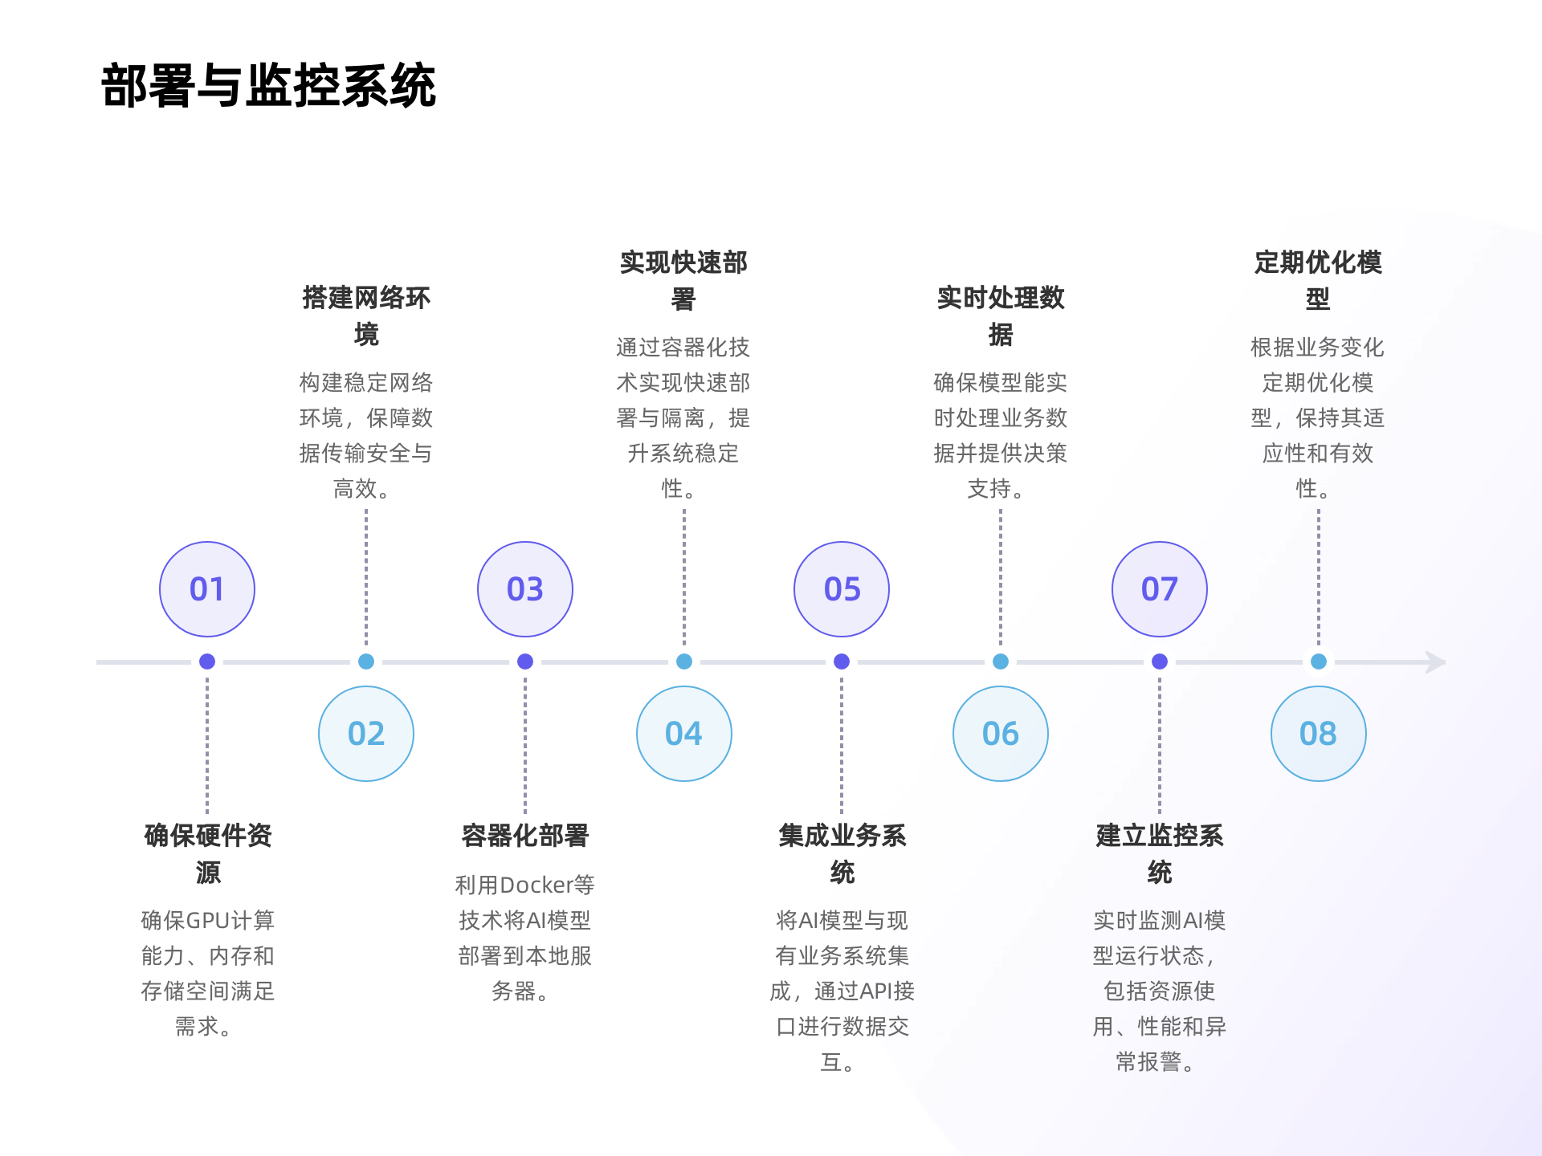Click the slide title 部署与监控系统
pyautogui.click(x=268, y=85)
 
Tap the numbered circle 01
pyautogui.click(x=207, y=589)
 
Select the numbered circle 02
pyautogui.click(x=366, y=734)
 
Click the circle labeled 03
pyautogui.click(x=525, y=589)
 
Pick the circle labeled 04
pyautogui.click(x=683, y=734)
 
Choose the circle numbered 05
pyautogui.click(x=842, y=589)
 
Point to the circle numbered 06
pyautogui.click(x=1001, y=734)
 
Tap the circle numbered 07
pyautogui.click(x=1160, y=589)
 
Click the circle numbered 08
pyautogui.click(x=1318, y=734)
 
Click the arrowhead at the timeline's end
pyautogui.click(x=1436, y=662)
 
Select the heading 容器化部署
pyautogui.click(x=525, y=836)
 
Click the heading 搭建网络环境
pyautogui.click(x=366, y=315)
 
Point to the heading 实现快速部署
pyautogui.click(x=683, y=279)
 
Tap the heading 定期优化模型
pyautogui.click(x=1318, y=279)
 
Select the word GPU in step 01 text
pyautogui.click(x=208, y=921)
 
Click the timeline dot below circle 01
pyautogui.click(x=207, y=661)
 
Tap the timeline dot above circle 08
pyautogui.click(x=1318, y=661)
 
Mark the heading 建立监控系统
pyautogui.click(x=1160, y=853)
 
